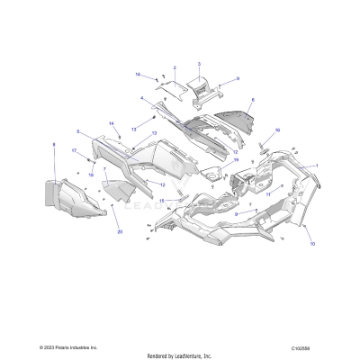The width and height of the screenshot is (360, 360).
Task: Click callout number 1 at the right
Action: point(316,165)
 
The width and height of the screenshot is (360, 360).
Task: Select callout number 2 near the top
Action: point(175,68)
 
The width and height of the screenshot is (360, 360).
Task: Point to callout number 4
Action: point(142,97)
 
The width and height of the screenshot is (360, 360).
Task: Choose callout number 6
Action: point(253,100)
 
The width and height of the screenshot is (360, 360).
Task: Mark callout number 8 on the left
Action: point(54,144)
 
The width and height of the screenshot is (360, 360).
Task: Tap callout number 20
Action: point(119,231)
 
